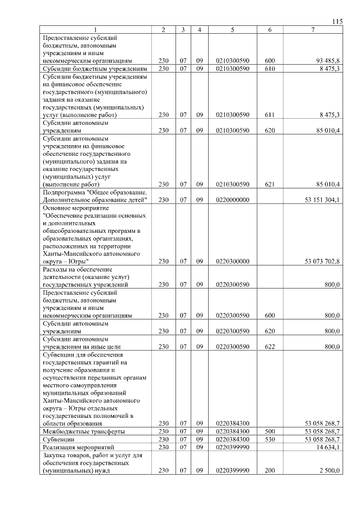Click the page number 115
point(337,21)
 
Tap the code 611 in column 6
point(269,115)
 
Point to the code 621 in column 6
point(269,184)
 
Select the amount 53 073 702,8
point(322,262)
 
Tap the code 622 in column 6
point(269,347)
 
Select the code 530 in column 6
point(269,439)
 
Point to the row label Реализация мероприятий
point(78,447)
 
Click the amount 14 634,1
point(327,447)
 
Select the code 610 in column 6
point(269,68)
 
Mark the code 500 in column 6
point(269,431)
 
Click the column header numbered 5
point(232,30)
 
